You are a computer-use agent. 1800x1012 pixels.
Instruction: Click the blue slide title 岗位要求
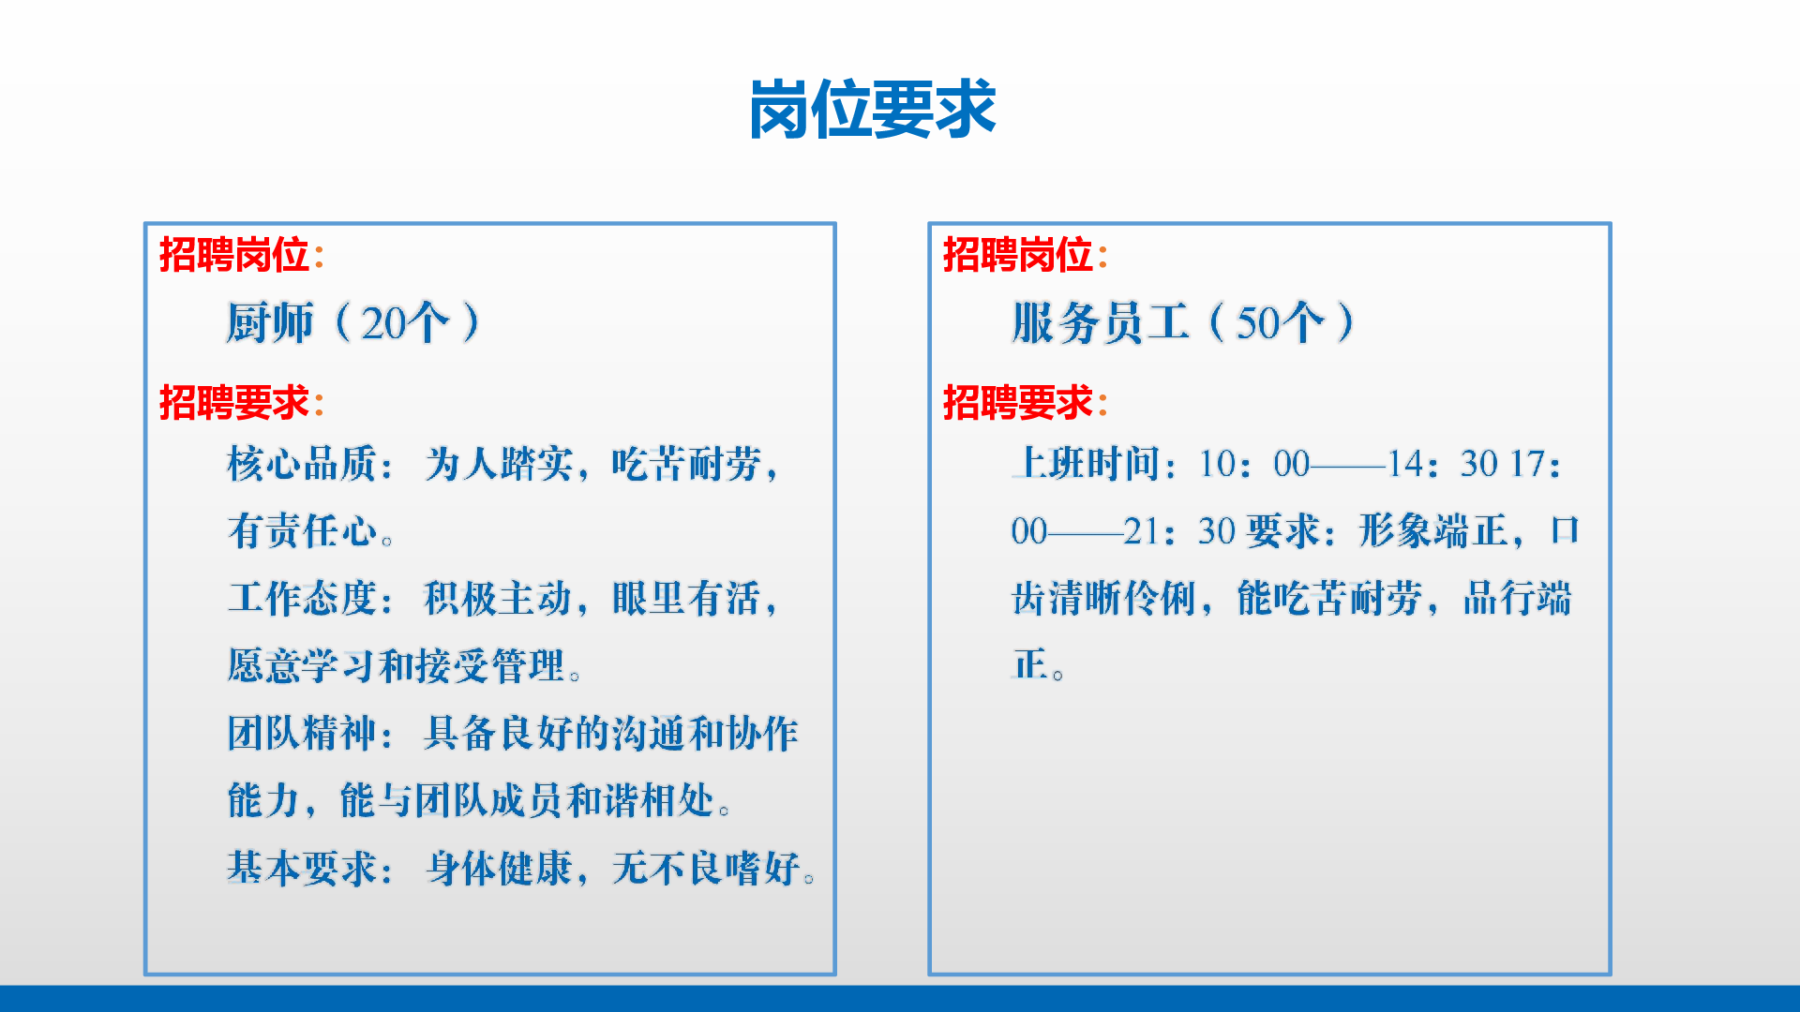[x=872, y=110]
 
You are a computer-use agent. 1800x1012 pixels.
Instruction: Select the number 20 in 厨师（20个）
[x=384, y=323]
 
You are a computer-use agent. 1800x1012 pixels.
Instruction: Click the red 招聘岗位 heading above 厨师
[x=234, y=255]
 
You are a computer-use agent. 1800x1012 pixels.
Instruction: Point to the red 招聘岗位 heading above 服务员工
[x=1018, y=255]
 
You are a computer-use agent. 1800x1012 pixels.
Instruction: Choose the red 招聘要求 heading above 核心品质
[x=234, y=403]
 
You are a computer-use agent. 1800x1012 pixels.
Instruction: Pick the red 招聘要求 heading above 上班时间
[x=1018, y=403]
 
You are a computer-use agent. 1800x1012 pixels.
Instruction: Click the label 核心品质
[x=302, y=464]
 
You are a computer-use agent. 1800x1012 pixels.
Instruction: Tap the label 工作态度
[x=302, y=599]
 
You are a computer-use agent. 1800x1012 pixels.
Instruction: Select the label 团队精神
[x=302, y=734]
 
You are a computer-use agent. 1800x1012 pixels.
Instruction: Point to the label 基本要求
[x=302, y=869]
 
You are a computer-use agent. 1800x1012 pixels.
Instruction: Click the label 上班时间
[x=1086, y=464]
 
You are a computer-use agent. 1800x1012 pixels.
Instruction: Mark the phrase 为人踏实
[x=499, y=464]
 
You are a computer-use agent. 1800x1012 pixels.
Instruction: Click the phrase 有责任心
[x=302, y=531]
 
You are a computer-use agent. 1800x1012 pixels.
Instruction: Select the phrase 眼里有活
[x=686, y=599]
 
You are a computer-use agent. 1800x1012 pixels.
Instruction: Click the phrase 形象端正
[x=1433, y=531]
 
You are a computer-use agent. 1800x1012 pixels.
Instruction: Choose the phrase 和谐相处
[x=640, y=801]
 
